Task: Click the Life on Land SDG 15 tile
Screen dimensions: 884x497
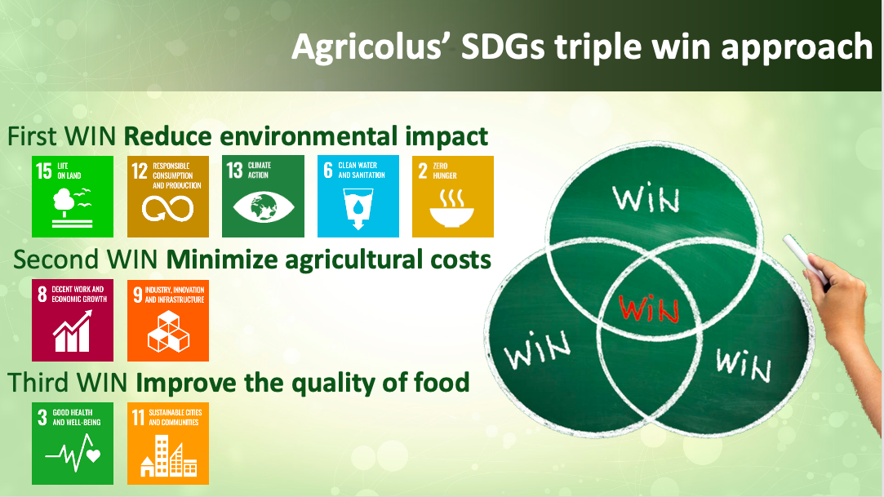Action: [x=72, y=197]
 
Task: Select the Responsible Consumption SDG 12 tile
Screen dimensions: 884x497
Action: [x=168, y=197]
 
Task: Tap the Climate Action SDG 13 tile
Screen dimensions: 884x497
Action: [x=264, y=197]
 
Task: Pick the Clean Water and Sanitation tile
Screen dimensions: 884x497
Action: [x=358, y=196]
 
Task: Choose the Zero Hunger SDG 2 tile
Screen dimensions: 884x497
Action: [x=453, y=197]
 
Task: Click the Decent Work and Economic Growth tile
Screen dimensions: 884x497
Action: [x=72, y=320]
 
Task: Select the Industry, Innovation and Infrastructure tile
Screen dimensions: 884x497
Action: [x=168, y=321]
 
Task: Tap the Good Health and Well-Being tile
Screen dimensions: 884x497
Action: [x=72, y=443]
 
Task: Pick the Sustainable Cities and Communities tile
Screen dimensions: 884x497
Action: [x=168, y=443]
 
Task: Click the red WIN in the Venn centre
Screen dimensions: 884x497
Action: [x=649, y=308]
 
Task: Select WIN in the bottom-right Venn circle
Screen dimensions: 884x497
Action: [x=743, y=365]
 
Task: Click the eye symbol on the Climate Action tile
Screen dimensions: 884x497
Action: [x=264, y=207]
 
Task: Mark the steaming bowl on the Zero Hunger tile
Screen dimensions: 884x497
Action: [x=452, y=208]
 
